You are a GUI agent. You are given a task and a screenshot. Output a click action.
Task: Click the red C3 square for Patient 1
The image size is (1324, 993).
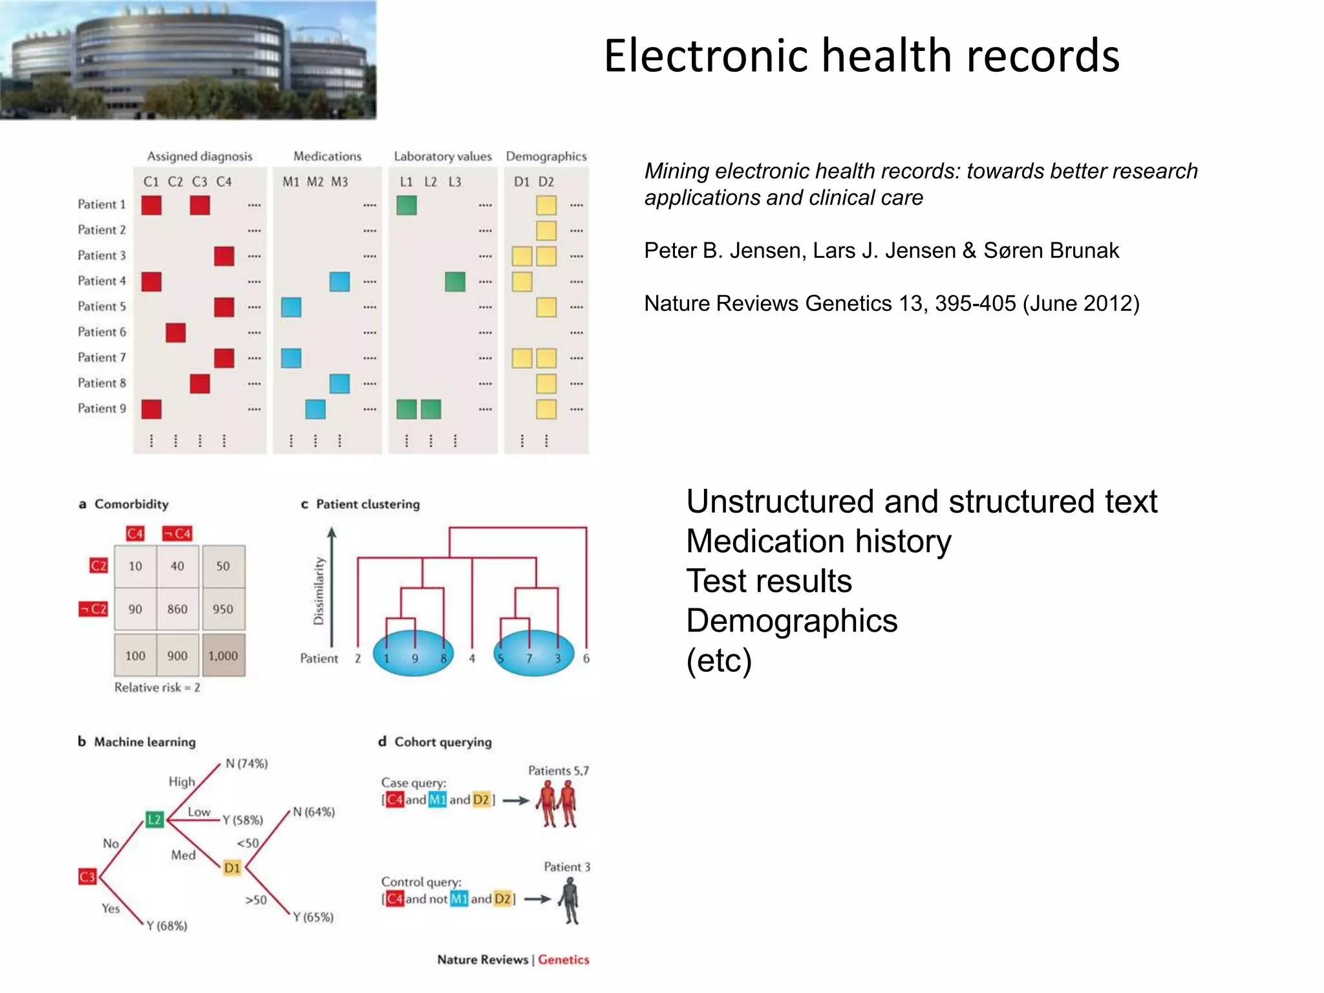click(200, 206)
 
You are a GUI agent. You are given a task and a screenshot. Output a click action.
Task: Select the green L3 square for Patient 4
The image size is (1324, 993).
click(455, 282)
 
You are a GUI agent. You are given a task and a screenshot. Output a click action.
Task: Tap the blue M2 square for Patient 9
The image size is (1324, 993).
click(315, 409)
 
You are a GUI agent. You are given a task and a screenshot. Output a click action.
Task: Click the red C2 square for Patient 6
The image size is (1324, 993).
click(175, 333)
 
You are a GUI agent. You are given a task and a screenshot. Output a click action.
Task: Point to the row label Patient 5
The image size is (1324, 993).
click(101, 306)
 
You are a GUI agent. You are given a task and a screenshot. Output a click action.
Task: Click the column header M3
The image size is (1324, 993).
click(339, 182)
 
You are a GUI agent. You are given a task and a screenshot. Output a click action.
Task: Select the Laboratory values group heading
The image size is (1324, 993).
click(443, 156)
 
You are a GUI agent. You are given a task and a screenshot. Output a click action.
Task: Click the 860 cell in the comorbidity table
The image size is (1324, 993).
click(177, 609)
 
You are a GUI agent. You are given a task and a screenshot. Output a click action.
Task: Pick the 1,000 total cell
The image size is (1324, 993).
click(223, 656)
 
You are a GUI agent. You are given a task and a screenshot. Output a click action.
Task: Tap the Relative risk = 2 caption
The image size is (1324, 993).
click(157, 688)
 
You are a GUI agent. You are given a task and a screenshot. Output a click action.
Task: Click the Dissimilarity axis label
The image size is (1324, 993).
click(319, 591)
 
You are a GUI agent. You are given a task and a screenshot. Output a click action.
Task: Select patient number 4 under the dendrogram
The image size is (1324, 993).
click(472, 659)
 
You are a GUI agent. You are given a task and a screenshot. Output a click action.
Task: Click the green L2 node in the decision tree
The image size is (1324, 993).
click(155, 820)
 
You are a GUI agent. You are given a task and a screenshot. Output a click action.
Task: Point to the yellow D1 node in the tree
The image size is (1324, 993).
click(232, 868)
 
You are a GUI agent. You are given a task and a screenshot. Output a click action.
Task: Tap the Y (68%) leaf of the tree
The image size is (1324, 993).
click(167, 926)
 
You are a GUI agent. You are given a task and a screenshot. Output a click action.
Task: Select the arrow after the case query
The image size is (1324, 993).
click(516, 800)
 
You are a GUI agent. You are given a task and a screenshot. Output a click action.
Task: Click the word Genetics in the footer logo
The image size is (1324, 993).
click(563, 960)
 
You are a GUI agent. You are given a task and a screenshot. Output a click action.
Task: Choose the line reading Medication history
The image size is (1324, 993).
click(818, 541)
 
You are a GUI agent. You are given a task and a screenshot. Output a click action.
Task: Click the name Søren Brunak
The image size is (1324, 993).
click(1051, 251)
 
